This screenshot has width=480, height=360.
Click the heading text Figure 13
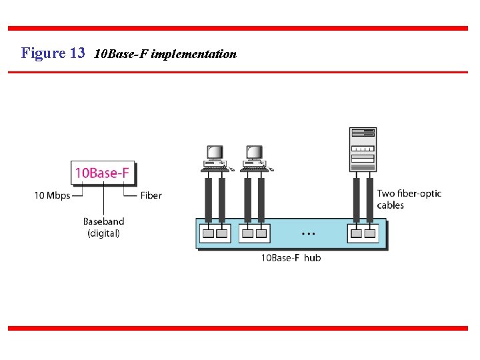53,53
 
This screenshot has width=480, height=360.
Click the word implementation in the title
194,54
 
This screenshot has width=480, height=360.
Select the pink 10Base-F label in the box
102,173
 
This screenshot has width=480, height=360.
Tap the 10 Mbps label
52,195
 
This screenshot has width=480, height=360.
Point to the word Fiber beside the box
151,195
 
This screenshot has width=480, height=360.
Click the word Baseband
103,221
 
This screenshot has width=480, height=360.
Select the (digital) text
103,233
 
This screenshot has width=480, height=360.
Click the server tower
363,150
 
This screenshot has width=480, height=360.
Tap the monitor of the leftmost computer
215,153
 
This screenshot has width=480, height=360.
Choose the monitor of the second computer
254,153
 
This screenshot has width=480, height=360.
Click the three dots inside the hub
308,234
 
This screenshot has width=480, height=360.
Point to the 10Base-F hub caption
291,258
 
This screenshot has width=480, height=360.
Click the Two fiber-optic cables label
409,199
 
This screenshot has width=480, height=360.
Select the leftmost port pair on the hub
215,233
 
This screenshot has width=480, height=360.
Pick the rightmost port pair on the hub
363,233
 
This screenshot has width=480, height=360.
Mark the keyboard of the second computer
255,169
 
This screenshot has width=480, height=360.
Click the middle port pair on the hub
255,233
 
